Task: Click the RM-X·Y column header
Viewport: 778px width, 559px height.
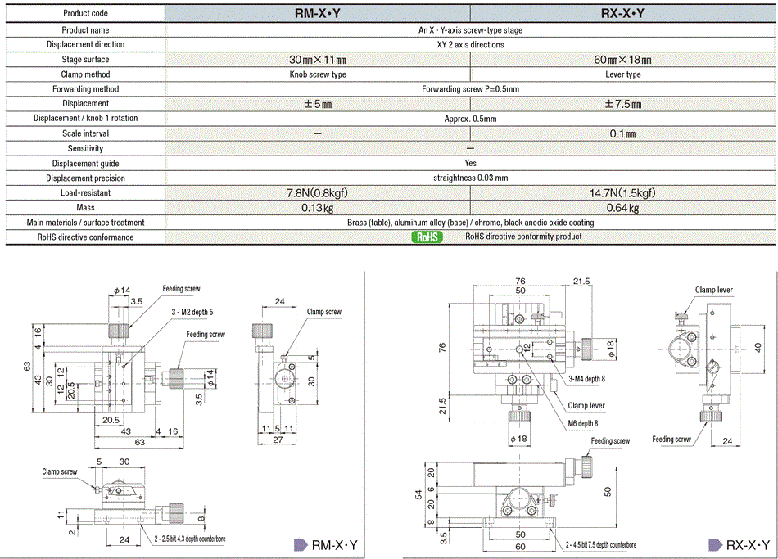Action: coord(317,13)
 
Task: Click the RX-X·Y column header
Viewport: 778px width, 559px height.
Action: coord(622,13)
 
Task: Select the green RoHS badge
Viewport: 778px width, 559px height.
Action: coord(426,237)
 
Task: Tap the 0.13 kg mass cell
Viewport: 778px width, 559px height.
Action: coord(317,207)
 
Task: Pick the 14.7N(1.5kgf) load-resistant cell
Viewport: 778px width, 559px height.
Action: coord(622,192)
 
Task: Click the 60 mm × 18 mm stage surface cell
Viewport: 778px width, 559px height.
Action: coord(622,59)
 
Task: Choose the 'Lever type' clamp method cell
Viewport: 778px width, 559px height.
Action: coord(622,74)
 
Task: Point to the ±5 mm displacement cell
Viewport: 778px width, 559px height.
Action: coord(317,103)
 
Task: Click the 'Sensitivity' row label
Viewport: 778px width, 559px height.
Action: coord(85,148)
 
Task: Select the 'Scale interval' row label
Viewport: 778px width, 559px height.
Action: coord(85,133)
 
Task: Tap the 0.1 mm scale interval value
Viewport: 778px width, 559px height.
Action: coord(622,133)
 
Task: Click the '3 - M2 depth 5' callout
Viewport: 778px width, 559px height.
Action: coord(192,312)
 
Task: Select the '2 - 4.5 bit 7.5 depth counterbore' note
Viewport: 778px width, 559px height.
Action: coord(599,544)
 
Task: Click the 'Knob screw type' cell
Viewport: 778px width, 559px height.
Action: coord(317,74)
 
